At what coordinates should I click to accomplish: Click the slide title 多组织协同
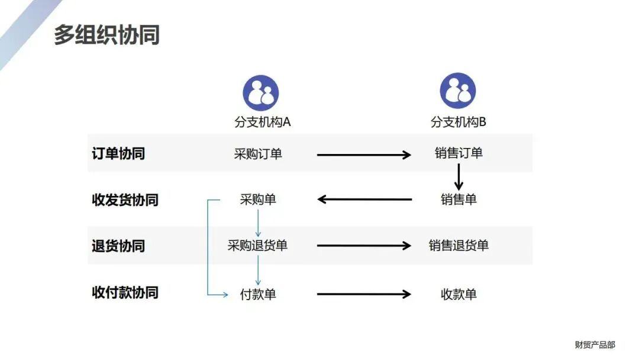(107, 35)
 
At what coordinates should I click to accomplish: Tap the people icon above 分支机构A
(261, 92)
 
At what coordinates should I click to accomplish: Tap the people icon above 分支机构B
(457, 91)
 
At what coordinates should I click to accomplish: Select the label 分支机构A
(262, 122)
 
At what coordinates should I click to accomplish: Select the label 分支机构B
(459, 122)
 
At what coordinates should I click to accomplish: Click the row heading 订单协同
(118, 153)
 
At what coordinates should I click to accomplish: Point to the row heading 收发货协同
(125, 200)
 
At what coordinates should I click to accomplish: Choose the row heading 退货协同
(118, 246)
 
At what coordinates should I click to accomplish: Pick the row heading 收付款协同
(125, 292)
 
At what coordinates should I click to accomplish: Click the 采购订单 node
(258, 154)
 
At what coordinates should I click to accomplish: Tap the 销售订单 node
(459, 153)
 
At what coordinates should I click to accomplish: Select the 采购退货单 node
(257, 246)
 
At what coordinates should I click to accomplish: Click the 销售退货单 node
(459, 246)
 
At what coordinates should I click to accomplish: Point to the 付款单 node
(258, 294)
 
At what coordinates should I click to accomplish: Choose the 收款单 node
(459, 294)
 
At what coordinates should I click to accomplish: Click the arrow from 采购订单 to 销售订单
(364, 155)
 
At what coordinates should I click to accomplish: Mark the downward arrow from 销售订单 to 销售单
(459, 176)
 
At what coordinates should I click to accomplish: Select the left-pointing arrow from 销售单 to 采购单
(364, 200)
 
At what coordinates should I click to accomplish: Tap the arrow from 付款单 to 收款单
(364, 294)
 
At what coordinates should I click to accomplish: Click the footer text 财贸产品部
(595, 345)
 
